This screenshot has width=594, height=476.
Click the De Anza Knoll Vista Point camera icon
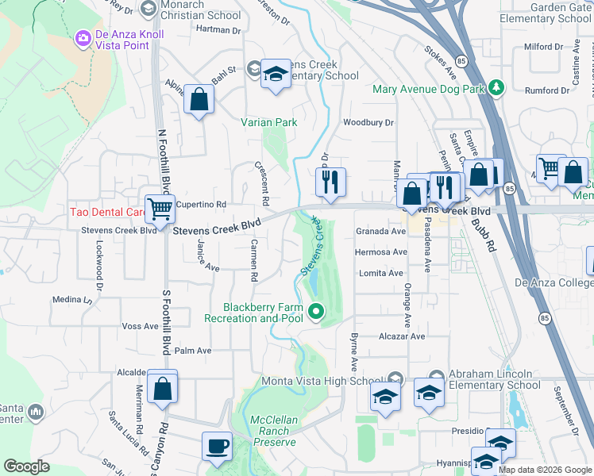point(83,37)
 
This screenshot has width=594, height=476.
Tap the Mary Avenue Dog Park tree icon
point(497,87)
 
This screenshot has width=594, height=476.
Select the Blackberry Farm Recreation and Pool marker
point(316,313)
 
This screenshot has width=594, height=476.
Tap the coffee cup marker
point(217,446)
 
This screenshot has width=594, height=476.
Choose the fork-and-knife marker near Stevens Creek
point(330,182)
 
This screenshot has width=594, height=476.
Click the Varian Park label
point(269,122)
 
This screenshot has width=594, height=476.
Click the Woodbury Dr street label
point(368,122)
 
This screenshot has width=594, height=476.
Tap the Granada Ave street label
point(380,231)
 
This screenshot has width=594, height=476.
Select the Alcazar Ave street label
point(402,336)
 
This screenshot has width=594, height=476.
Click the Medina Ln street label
point(72,300)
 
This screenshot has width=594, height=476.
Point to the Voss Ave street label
point(140,326)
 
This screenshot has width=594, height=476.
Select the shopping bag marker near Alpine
point(199,100)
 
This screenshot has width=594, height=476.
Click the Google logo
point(27,466)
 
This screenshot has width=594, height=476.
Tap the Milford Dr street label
point(543,47)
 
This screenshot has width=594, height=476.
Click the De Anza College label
point(553,282)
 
